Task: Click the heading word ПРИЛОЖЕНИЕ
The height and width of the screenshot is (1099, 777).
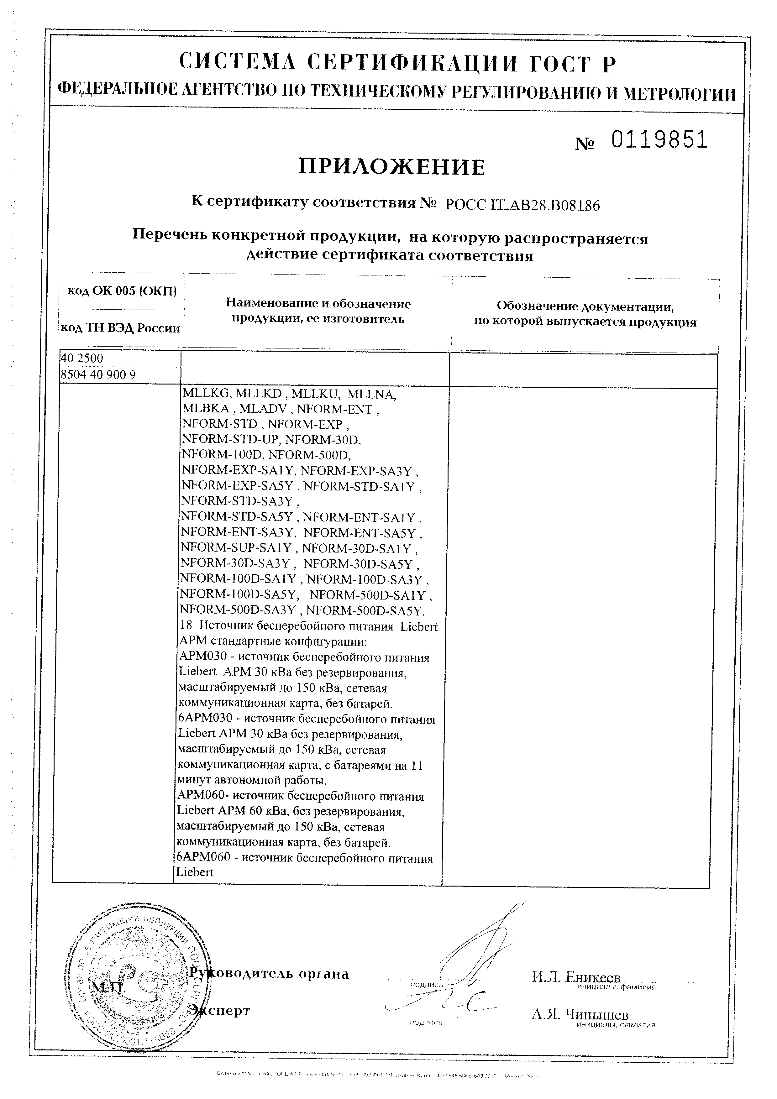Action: point(391,167)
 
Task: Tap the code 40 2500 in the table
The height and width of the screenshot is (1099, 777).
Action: point(82,358)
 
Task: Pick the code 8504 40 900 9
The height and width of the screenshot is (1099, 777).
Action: point(98,374)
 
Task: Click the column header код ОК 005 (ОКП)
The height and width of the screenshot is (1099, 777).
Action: point(122,291)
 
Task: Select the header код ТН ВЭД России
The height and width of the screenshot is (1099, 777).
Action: point(120,328)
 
